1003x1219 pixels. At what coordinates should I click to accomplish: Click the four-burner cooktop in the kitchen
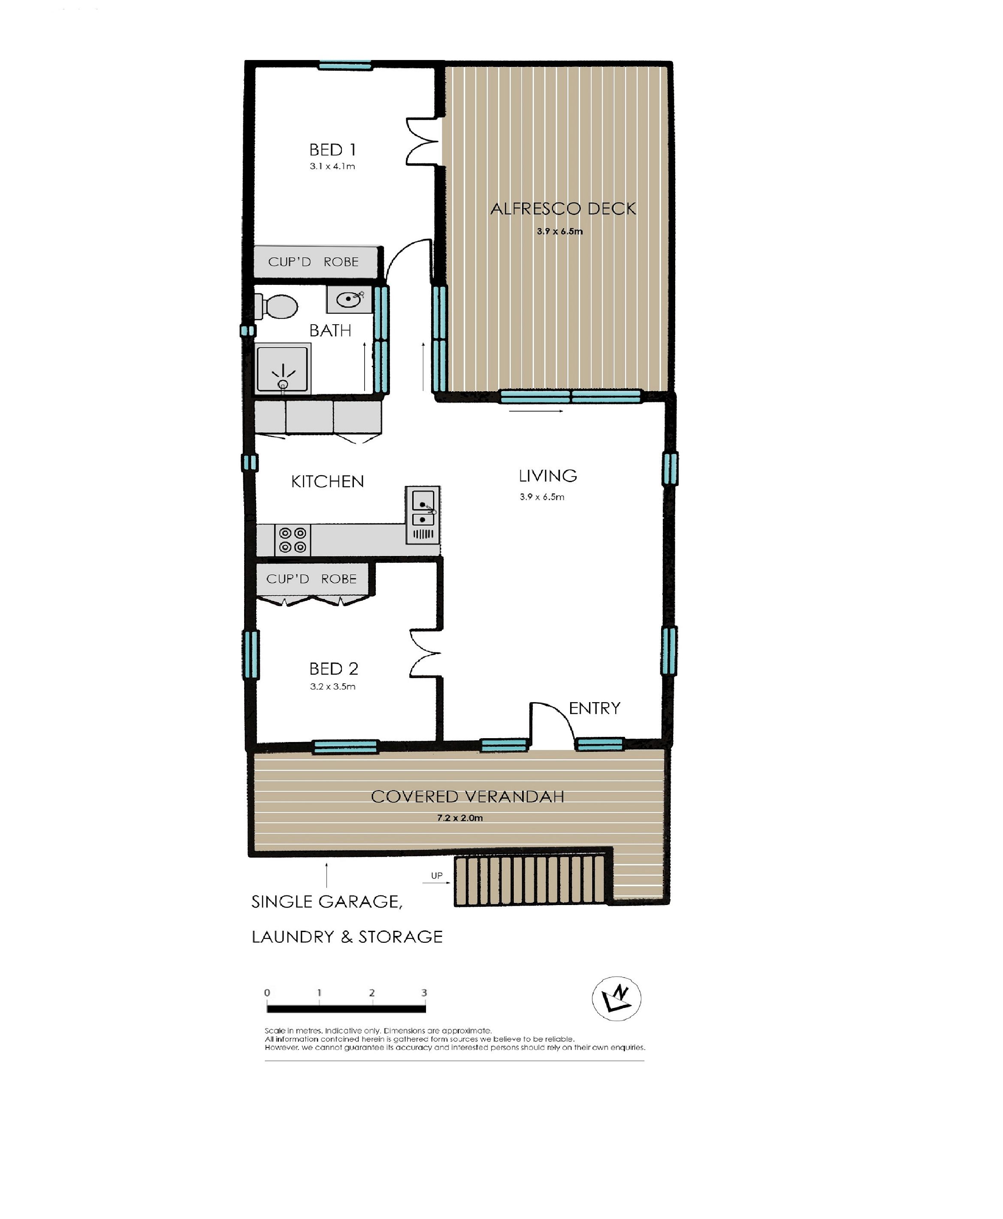coord(292,540)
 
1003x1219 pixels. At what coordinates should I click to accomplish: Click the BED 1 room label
coord(332,150)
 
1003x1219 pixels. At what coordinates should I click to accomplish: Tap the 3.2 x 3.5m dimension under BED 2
coord(333,686)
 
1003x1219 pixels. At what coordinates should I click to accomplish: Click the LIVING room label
coord(548,476)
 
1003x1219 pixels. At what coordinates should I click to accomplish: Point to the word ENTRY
coord(595,708)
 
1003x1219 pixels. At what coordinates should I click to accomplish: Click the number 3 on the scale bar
coord(424,993)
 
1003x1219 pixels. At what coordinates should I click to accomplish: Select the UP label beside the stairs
coord(437,875)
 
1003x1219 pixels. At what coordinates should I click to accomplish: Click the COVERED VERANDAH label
coord(468,797)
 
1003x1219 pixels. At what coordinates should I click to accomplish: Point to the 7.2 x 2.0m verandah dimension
coord(460,818)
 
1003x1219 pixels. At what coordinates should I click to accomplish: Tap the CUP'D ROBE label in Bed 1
coord(313,262)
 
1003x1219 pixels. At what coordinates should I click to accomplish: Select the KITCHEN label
coord(328,481)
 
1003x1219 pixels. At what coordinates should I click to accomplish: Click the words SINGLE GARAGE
coord(327,902)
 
